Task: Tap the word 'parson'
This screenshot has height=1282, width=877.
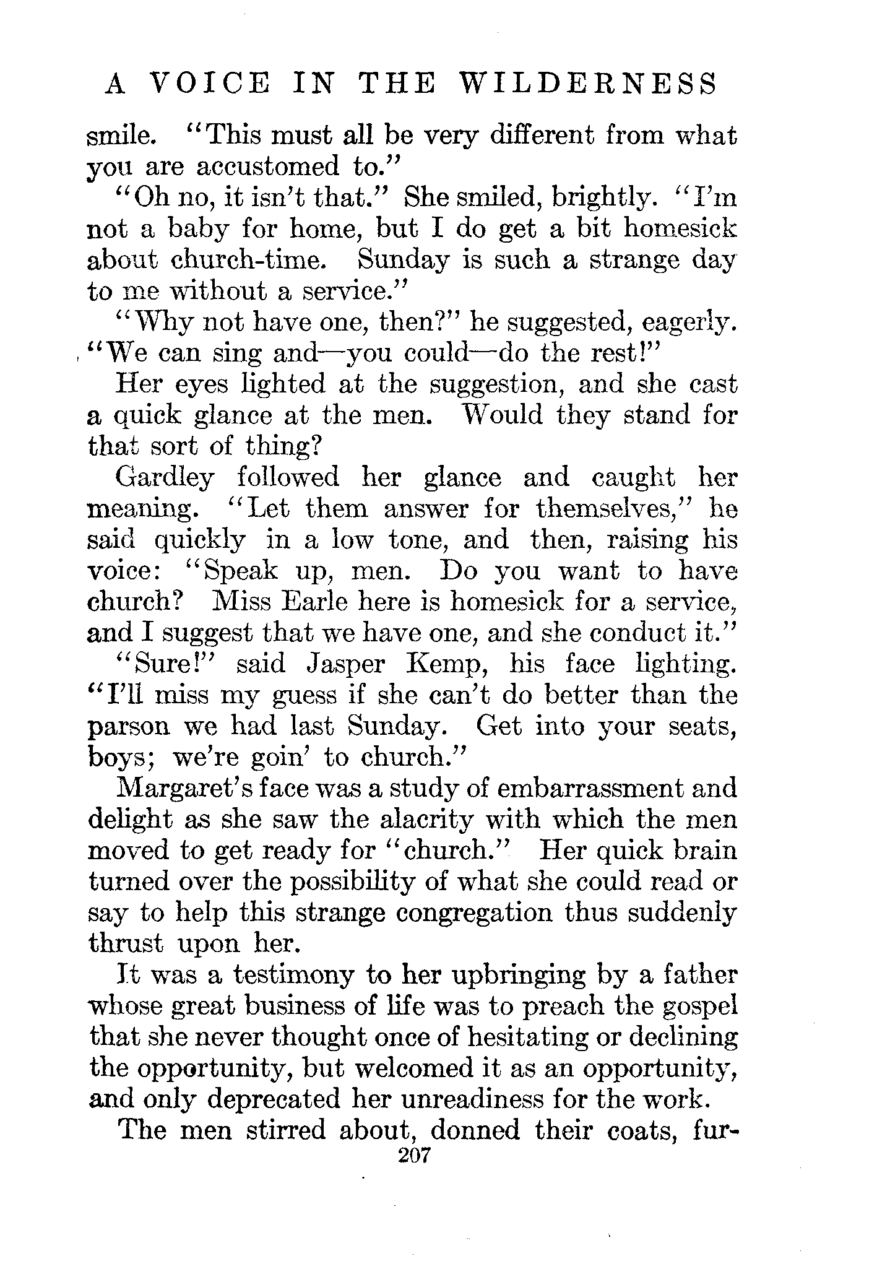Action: (129, 726)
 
